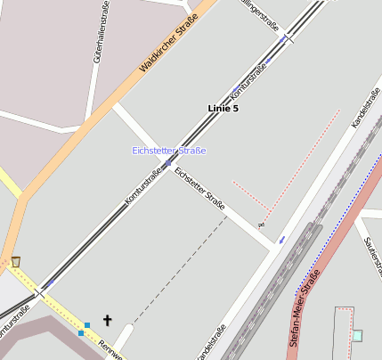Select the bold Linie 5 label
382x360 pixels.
223,108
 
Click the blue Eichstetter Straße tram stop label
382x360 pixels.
168,151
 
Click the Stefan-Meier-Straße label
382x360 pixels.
305,308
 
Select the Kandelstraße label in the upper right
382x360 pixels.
366,106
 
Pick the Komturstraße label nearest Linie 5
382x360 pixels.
248,80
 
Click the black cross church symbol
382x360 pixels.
108,319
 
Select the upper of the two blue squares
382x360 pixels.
87,324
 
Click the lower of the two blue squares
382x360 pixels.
80,333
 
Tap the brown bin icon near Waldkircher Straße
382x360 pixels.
15,261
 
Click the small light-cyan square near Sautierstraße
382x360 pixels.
357,335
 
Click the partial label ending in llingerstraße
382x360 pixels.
260,14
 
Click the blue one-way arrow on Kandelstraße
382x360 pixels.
282,239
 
